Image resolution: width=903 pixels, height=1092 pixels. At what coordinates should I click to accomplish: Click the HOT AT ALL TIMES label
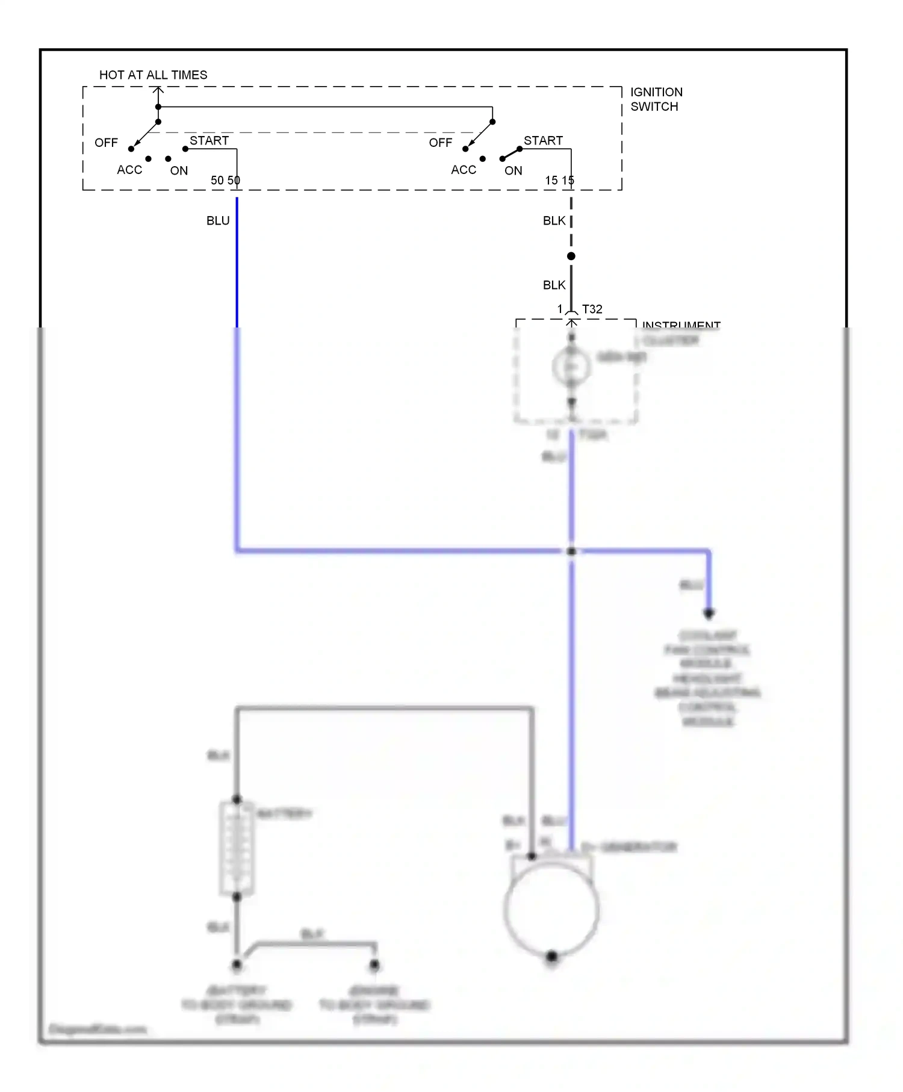pos(153,75)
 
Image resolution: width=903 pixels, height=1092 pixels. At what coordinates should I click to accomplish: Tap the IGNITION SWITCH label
pos(656,99)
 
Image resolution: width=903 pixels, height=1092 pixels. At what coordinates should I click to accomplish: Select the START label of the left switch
pos(209,141)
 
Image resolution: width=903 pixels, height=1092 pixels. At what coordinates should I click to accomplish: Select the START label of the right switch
pos(543,141)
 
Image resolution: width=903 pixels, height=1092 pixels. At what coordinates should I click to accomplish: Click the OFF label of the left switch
pos(106,143)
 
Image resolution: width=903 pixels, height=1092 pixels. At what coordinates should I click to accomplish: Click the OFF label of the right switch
pos(440,143)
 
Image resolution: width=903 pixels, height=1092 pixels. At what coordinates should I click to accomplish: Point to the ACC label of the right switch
pos(464,170)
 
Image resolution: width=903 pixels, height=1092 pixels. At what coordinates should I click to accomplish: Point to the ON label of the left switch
pos(179,171)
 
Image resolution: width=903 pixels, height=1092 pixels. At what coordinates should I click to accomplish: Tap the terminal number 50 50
pos(225,181)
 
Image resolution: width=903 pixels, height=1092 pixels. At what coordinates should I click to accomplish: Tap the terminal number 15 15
pos(559,181)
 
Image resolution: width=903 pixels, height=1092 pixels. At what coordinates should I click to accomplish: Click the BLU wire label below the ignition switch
pos(218,221)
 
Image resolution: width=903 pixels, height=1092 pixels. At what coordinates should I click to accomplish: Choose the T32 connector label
pos(592,309)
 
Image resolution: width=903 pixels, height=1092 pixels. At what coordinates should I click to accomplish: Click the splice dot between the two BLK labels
pos(571,256)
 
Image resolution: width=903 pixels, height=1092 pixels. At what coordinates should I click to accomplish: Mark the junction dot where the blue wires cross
pos(571,551)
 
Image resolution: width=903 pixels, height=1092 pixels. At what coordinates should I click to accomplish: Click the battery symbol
pos(237,849)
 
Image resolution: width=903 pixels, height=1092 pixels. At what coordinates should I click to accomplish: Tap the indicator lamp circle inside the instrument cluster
pos(571,367)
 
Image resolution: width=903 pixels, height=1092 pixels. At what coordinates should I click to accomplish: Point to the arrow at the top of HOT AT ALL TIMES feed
pos(158,90)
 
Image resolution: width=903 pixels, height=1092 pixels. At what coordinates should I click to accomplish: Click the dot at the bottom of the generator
pos(551,957)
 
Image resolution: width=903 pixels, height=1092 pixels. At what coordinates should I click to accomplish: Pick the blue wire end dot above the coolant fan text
pos(709,613)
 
